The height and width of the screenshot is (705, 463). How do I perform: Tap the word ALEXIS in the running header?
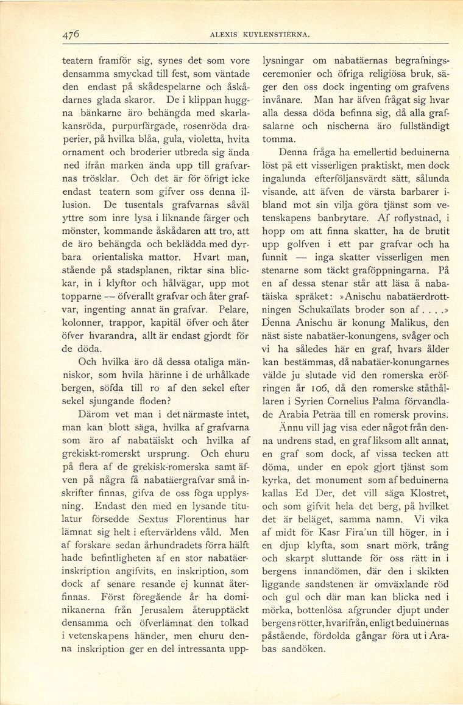(223, 35)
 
